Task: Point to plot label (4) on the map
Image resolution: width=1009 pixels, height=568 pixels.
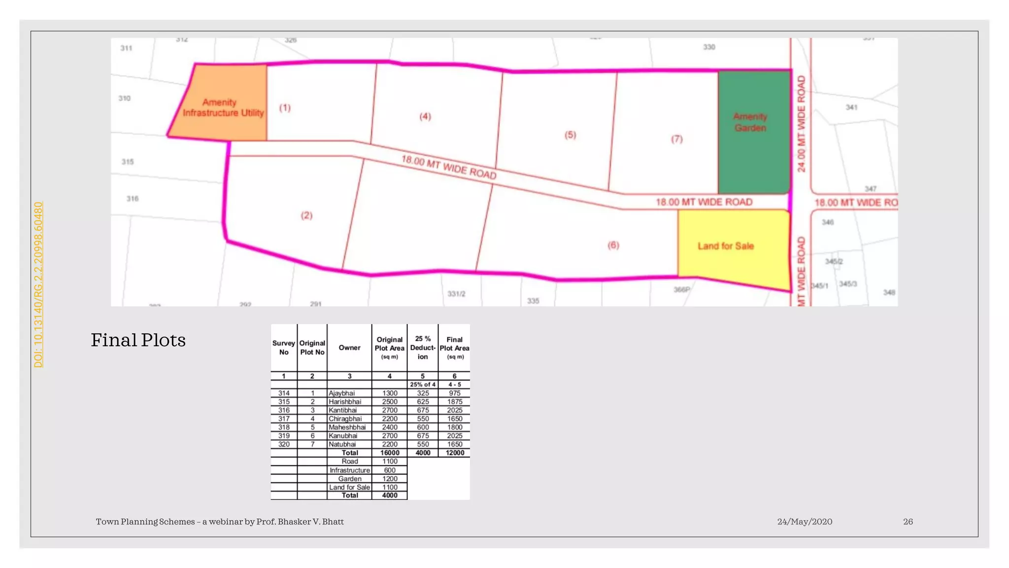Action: pos(425,117)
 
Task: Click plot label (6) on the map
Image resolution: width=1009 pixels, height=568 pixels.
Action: pos(613,245)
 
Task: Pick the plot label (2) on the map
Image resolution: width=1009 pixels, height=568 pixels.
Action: pos(306,215)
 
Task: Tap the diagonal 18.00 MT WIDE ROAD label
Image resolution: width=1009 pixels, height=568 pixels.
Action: pos(448,167)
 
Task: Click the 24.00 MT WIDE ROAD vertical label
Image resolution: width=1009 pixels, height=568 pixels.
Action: pos(802,123)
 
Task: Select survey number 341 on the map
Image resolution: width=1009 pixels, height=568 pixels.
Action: pos(851,107)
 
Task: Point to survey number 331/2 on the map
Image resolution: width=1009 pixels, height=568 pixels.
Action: pos(456,294)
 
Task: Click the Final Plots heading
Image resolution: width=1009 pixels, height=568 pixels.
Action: pos(138,340)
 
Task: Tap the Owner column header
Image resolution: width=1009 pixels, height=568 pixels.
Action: pos(349,348)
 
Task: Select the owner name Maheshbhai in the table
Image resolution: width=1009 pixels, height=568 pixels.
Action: pos(347,427)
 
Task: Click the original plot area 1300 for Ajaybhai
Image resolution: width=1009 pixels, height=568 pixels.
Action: pos(390,393)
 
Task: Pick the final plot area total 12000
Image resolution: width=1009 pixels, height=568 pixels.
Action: pos(455,453)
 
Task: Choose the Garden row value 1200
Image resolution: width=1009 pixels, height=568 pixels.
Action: pos(390,479)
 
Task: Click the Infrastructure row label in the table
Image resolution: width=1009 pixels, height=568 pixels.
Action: pos(350,470)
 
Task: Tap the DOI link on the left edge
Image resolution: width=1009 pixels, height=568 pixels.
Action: pos(38,284)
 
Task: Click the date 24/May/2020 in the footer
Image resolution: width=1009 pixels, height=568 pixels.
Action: pos(805,522)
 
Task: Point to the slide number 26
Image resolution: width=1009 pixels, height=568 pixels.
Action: pos(908,522)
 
